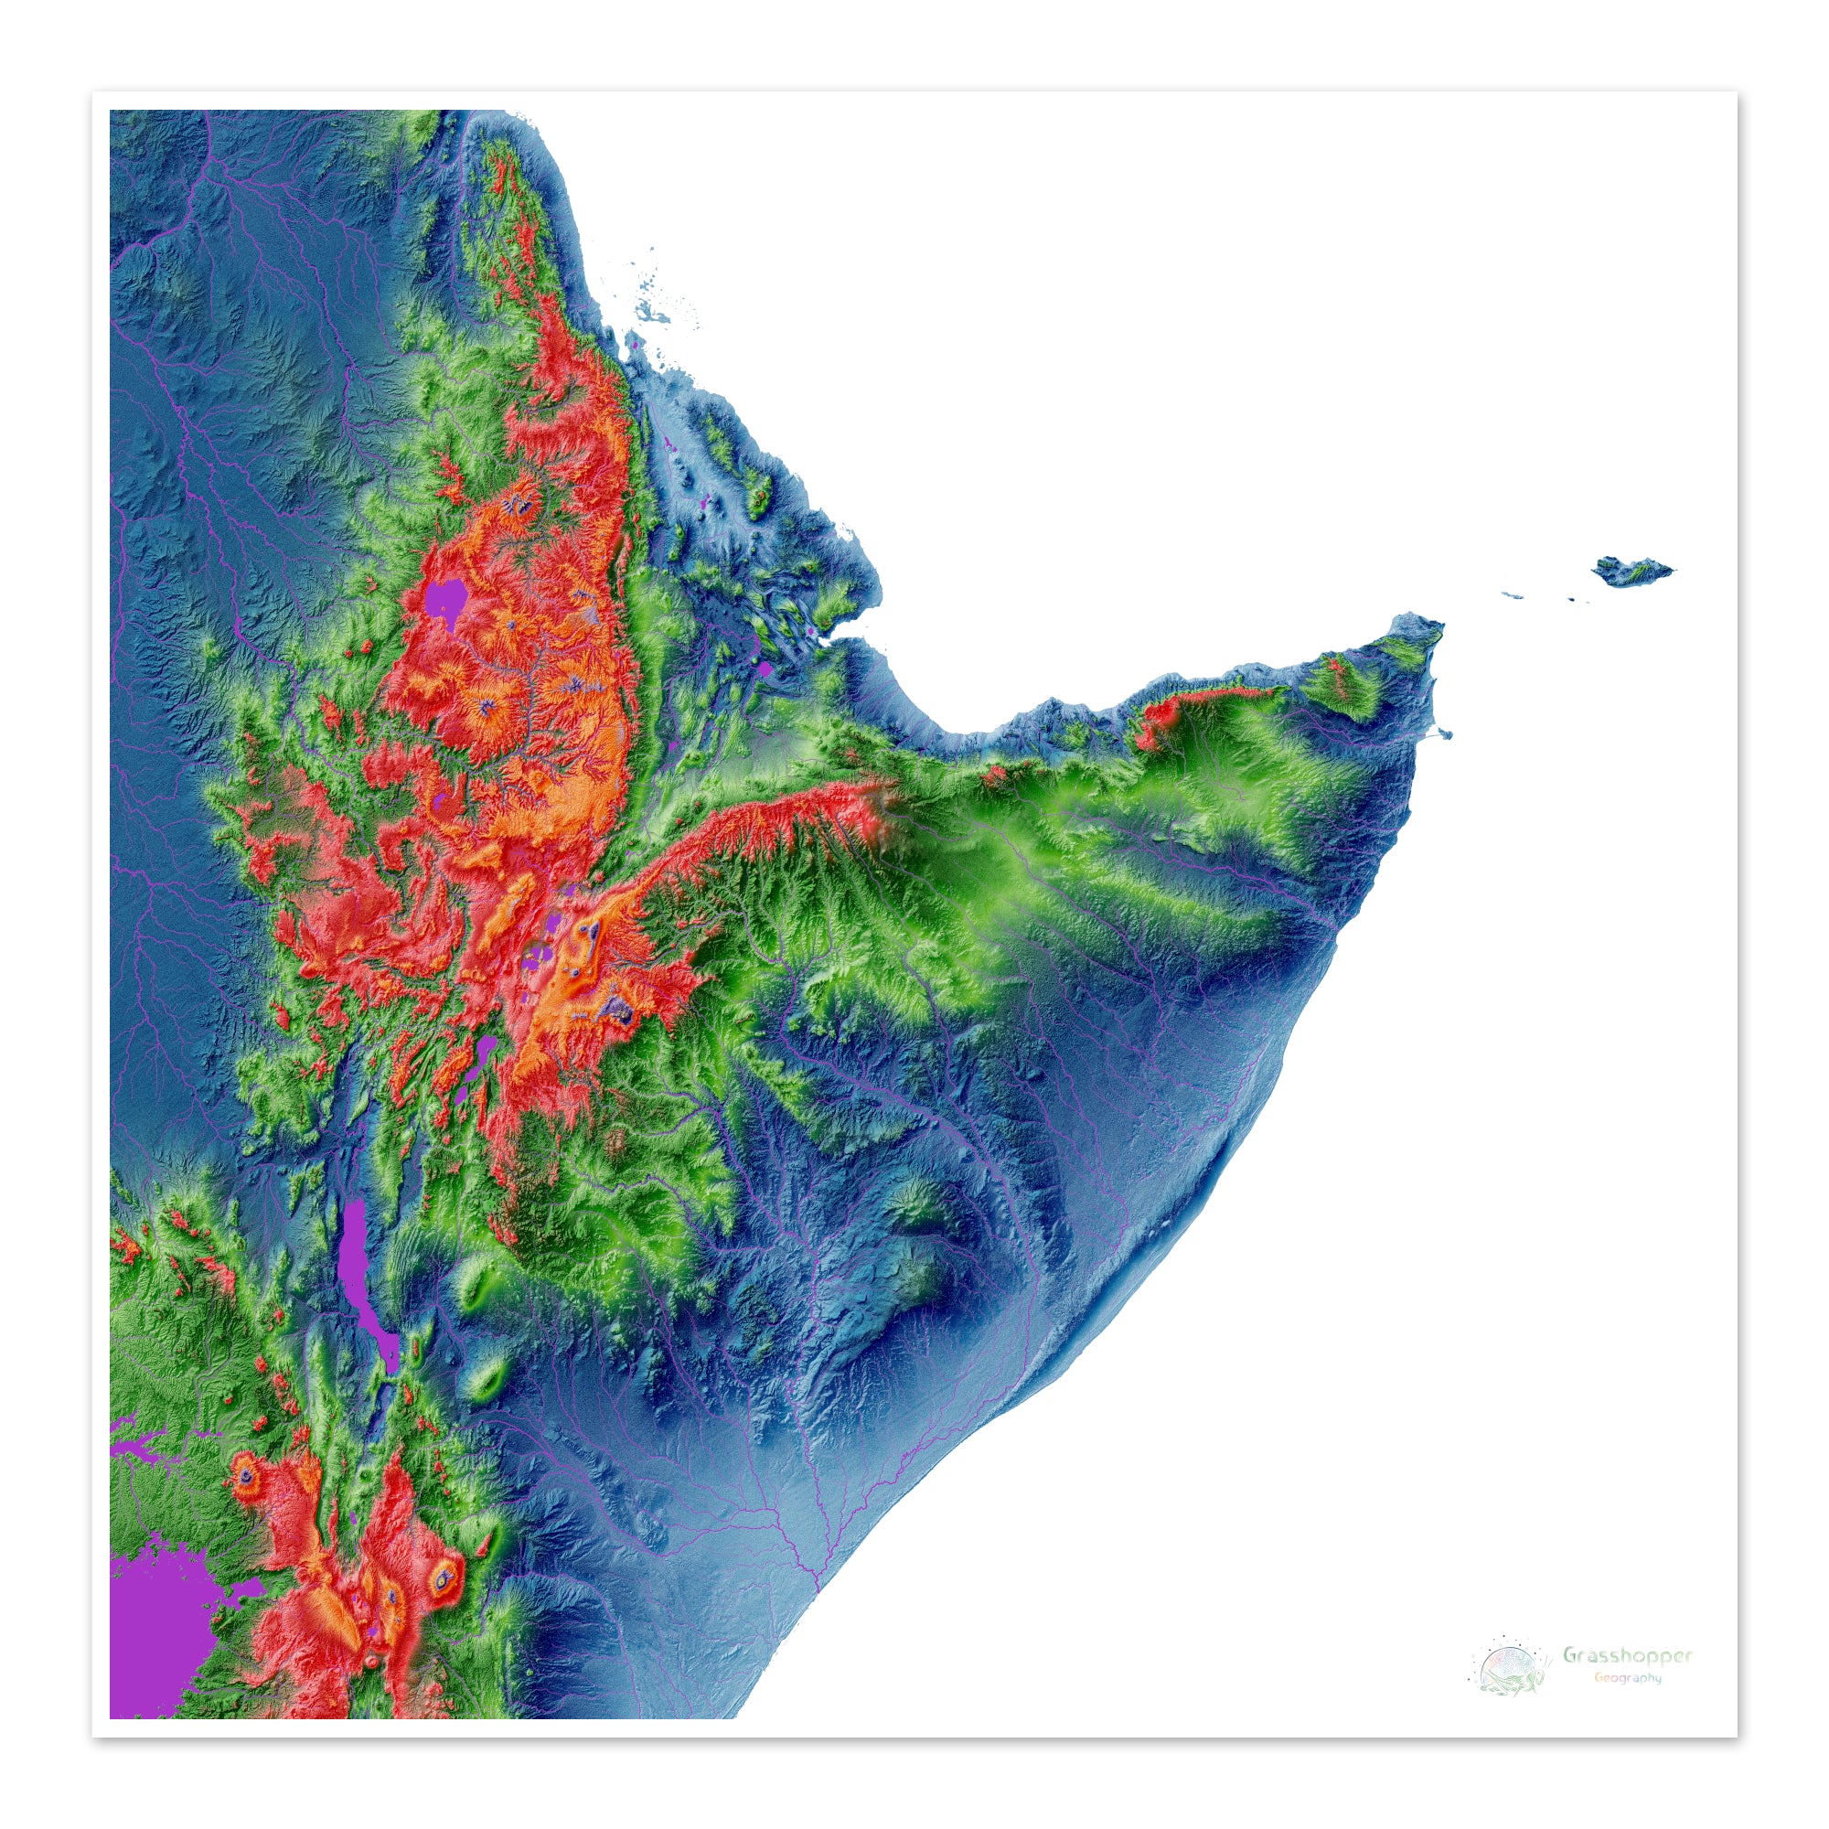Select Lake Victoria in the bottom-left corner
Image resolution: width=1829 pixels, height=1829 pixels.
click(156, 1638)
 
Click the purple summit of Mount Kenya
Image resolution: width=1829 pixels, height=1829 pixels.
click(444, 1577)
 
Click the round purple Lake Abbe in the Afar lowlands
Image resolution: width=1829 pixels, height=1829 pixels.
click(764, 668)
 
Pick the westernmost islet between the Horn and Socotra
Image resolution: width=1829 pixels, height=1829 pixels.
click(1512, 594)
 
